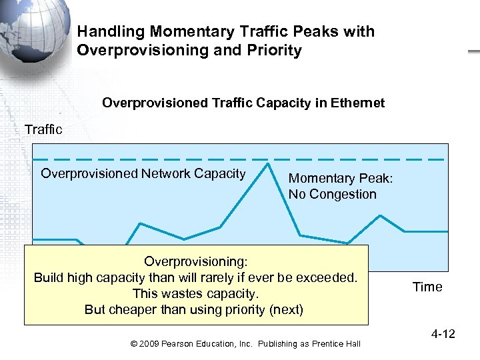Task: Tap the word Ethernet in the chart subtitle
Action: click(358, 103)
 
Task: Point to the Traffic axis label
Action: click(43, 129)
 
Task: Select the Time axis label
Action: click(427, 287)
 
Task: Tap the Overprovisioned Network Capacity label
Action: click(143, 174)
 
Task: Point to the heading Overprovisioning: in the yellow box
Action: click(195, 261)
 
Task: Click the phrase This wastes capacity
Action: click(195, 293)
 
